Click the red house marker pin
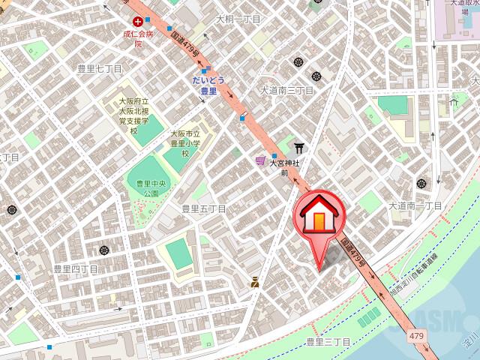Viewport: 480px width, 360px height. (319, 218)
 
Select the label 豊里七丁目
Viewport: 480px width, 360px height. (99, 68)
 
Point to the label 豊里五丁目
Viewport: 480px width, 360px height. (203, 208)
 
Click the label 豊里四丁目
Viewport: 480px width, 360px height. (76, 268)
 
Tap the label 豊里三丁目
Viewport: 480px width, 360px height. (328, 342)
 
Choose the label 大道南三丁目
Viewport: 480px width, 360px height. (286, 90)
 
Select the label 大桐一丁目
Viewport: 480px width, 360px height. (238, 19)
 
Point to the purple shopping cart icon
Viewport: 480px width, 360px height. (259, 160)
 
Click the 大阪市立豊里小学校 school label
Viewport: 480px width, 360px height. (184, 142)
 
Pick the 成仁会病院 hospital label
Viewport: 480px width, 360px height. (138, 39)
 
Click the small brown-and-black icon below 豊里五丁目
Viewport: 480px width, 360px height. (256, 283)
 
